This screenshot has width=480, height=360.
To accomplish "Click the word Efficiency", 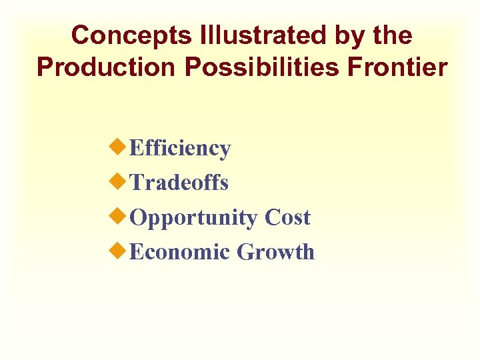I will point(180,148).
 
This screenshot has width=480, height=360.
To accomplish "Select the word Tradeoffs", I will point(179,182).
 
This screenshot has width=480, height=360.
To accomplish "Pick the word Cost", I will point(287,217).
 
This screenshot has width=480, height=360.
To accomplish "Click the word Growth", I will point(276,252).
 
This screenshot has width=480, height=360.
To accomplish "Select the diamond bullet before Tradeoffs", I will point(118,181).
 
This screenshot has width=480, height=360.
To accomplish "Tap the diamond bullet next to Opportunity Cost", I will point(118,216).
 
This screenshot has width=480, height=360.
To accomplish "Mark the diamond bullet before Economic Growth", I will point(118,251).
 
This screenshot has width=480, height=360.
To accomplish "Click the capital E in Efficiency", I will point(136,148).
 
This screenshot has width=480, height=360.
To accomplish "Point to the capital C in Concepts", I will point(81,35).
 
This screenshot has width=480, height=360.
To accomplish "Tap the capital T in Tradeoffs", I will point(137,182).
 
